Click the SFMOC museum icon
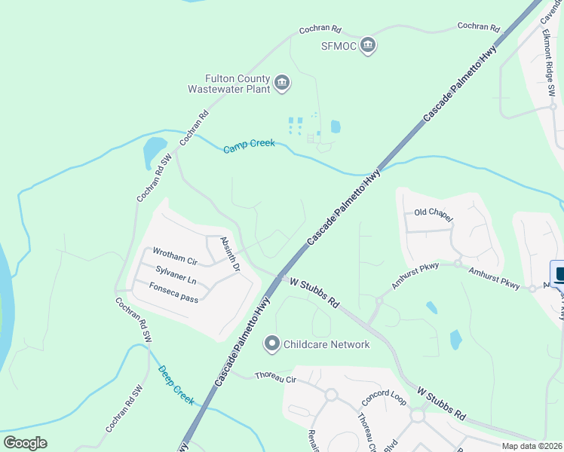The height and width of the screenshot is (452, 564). point(368,46)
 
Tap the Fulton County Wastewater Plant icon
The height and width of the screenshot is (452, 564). point(281,83)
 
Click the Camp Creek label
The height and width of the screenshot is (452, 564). point(249,146)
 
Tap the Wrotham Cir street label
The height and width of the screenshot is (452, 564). point(174,255)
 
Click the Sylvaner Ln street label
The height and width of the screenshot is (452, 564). point(176,274)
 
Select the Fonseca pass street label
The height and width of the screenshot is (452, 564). point(173,292)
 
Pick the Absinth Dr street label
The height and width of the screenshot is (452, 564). point(230,254)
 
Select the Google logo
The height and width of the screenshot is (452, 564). point(26,442)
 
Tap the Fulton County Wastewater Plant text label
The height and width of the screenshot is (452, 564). point(238,83)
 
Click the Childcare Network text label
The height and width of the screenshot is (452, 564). point(326,344)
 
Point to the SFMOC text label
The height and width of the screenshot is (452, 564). point(336,46)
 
